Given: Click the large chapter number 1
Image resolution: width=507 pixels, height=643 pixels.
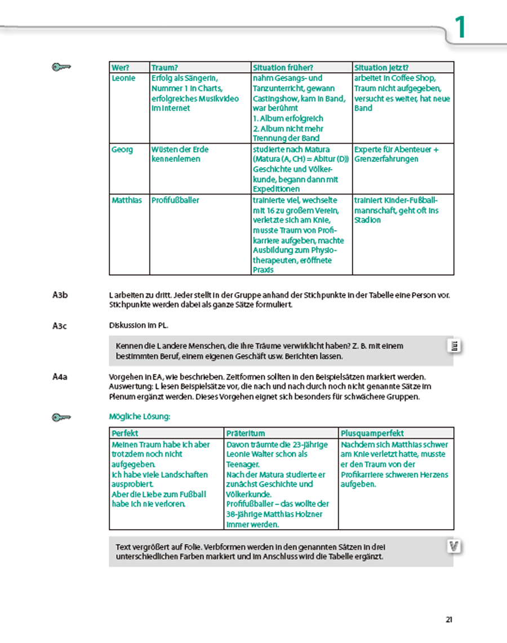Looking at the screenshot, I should click(461, 28).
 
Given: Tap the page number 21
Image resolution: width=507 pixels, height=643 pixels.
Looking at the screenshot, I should click(449, 619).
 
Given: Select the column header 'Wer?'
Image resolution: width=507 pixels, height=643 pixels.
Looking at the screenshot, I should click(119, 68).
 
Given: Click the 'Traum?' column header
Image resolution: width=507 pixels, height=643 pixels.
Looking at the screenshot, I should click(164, 68).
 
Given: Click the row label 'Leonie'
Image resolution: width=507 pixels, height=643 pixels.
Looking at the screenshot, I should click(123, 78).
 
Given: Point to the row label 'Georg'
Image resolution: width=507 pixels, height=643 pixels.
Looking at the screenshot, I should click(122, 149).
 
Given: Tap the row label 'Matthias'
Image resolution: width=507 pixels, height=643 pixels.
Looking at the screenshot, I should click(127, 200).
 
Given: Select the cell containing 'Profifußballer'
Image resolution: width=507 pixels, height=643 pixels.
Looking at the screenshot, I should click(175, 200).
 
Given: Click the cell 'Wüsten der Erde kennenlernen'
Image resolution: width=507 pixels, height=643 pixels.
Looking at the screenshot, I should click(180, 154).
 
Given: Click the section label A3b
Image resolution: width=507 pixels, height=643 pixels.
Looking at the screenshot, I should click(60, 294).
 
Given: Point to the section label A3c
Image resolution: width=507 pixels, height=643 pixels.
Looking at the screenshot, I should click(60, 325).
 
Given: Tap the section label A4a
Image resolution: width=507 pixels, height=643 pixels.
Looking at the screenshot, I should click(60, 376).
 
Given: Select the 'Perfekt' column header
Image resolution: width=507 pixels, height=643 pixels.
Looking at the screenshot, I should click(125, 433).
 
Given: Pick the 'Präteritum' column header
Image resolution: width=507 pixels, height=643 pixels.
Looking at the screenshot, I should click(246, 433).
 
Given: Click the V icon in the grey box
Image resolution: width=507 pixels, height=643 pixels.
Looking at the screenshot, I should click(453, 546).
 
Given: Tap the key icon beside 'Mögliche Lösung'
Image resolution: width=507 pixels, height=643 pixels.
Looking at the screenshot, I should click(61, 417).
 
